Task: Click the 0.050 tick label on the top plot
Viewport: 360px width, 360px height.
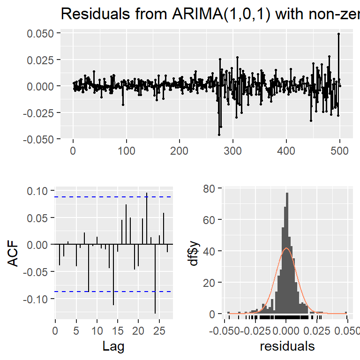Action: [42, 33]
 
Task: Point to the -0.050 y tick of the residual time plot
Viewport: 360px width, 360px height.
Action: [41, 139]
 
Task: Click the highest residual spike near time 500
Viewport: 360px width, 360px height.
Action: [338, 34]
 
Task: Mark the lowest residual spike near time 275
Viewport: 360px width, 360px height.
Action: [219, 135]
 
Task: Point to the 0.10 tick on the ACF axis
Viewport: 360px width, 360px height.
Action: [38, 191]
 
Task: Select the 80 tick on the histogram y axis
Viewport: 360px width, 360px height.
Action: [210, 188]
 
